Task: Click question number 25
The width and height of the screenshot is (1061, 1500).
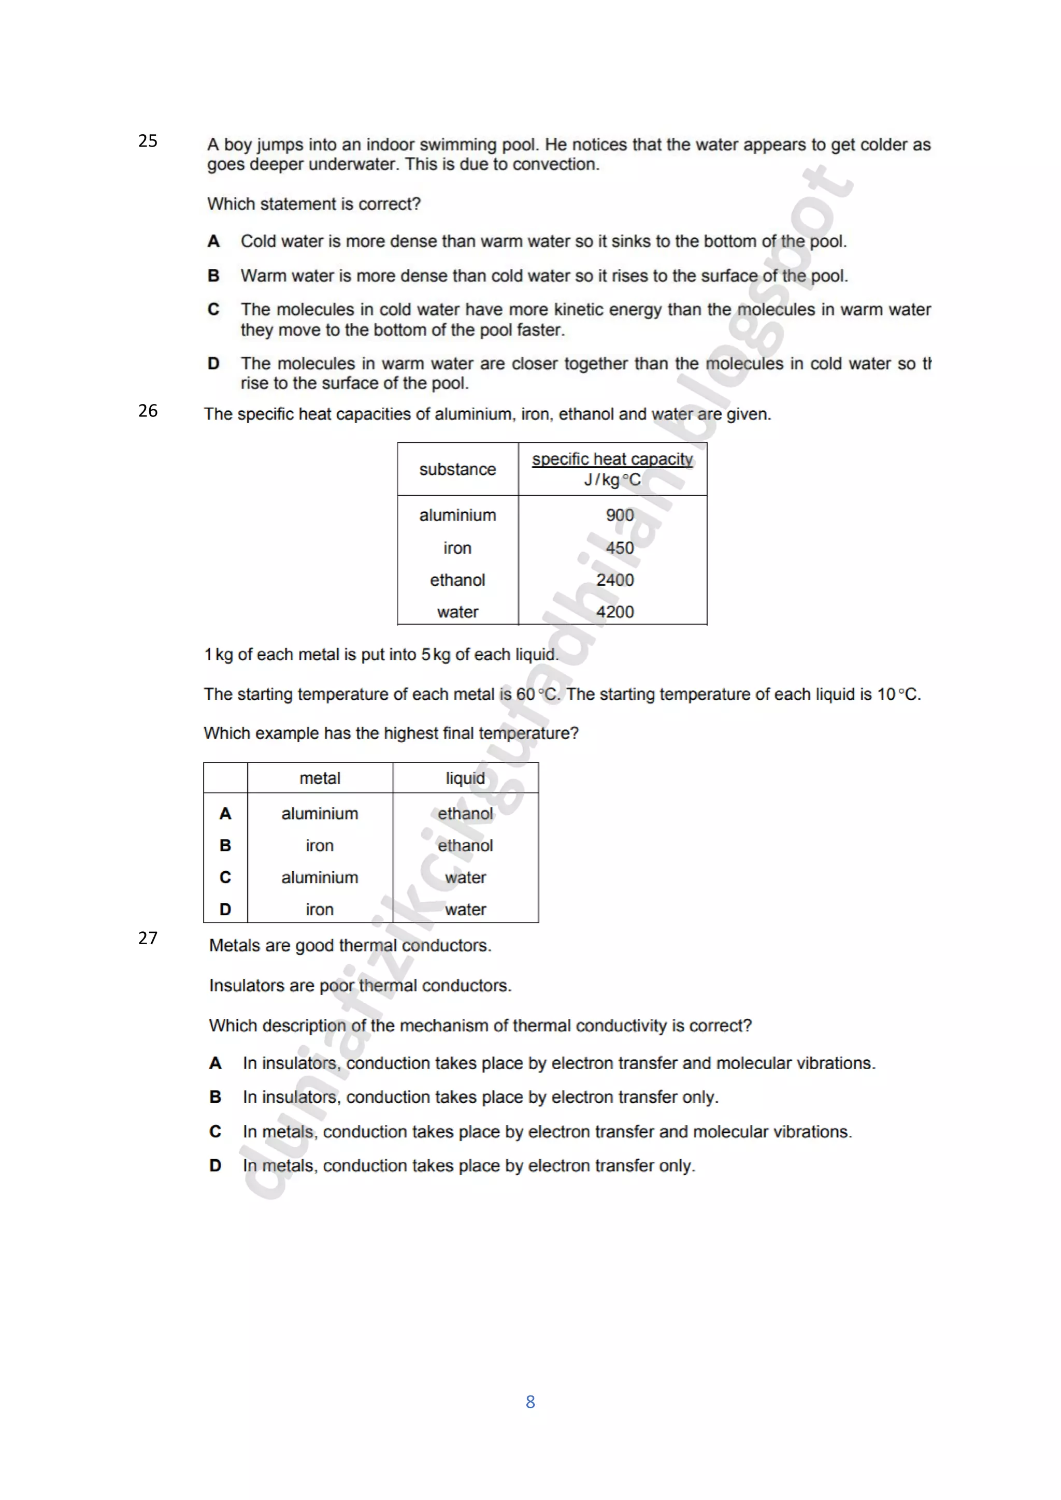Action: (x=148, y=140)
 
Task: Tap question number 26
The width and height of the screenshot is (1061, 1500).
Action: (x=148, y=410)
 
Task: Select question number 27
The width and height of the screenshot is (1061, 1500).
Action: (x=148, y=938)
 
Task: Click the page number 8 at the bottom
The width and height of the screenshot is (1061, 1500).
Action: (x=530, y=1402)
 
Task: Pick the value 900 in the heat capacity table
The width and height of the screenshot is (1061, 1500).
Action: (x=620, y=515)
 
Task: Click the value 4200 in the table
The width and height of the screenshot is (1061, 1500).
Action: (x=615, y=612)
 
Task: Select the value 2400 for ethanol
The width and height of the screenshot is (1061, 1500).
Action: (x=615, y=580)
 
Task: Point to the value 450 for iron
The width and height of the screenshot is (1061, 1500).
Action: (x=620, y=547)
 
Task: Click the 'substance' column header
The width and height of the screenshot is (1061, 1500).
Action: (x=457, y=469)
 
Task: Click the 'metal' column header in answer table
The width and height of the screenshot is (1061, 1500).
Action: (x=320, y=778)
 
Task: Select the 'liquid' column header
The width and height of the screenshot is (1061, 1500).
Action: (x=465, y=778)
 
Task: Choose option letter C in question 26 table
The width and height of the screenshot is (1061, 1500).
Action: (x=225, y=877)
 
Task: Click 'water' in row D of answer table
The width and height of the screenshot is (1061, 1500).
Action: (x=465, y=909)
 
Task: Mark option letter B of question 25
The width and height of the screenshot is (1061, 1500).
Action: (x=213, y=276)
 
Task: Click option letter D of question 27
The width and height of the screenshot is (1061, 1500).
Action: (x=215, y=1165)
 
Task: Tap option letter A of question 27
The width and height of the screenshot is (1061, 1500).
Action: (x=215, y=1063)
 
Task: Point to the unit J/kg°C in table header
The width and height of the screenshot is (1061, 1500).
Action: (x=612, y=480)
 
